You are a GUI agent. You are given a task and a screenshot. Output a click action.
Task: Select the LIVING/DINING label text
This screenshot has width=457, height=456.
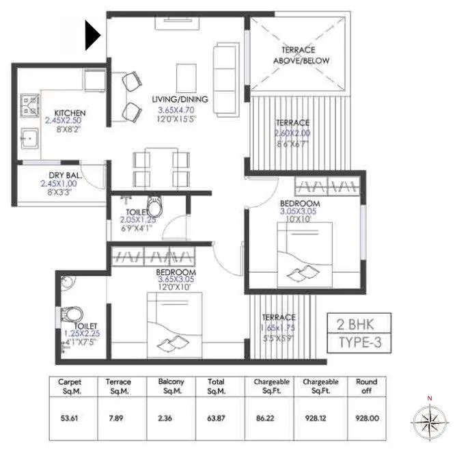(180, 98)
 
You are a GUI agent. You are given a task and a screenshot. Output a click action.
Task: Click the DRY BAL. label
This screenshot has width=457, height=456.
(66, 175)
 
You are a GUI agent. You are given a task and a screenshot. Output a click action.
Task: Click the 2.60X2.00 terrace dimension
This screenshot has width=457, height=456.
(292, 133)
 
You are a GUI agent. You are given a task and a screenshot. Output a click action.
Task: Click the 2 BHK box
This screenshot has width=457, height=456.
(359, 323)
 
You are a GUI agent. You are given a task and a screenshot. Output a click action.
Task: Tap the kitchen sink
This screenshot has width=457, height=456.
(29, 139)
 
